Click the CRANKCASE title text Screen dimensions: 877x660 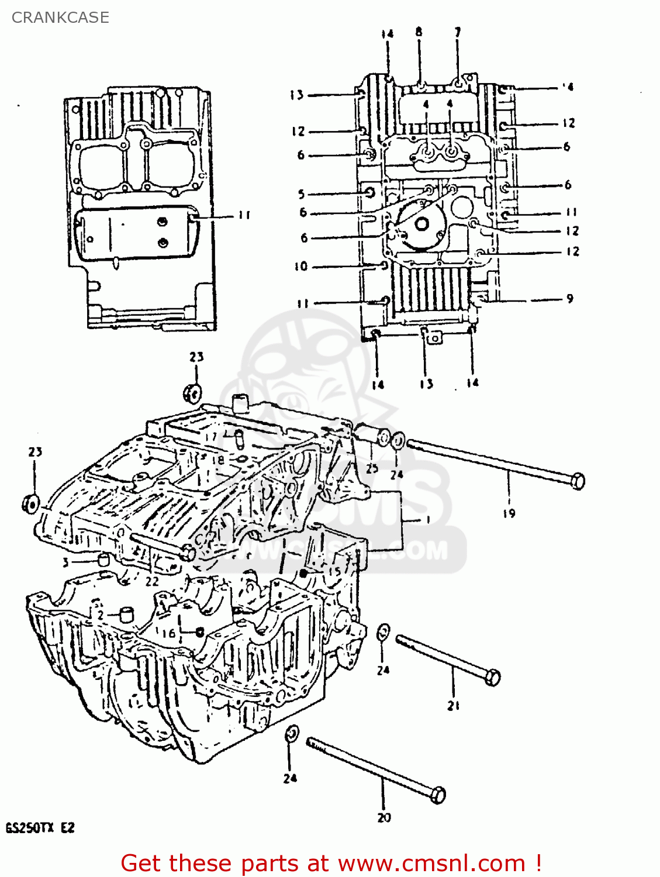tap(60, 18)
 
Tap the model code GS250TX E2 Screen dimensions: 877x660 tap(40, 828)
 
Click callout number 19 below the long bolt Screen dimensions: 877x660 tap(509, 513)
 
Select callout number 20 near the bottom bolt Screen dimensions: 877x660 tap(384, 817)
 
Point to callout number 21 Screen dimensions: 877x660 tap(454, 706)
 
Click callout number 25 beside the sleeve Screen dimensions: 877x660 tap(372, 468)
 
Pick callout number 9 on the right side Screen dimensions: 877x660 tap(569, 299)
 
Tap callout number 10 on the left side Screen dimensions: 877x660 tap(300, 267)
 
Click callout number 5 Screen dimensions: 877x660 tap(301, 194)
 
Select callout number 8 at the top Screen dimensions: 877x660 tap(419, 32)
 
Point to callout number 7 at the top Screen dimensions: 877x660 tap(457, 32)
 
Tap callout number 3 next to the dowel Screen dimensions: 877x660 tap(66, 562)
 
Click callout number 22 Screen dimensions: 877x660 tap(152, 581)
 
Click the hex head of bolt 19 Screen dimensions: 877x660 tap(576, 481)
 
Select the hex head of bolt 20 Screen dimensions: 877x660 tap(437, 795)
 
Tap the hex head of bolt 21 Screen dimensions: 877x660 tap(493, 678)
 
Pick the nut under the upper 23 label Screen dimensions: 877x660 tap(192, 392)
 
